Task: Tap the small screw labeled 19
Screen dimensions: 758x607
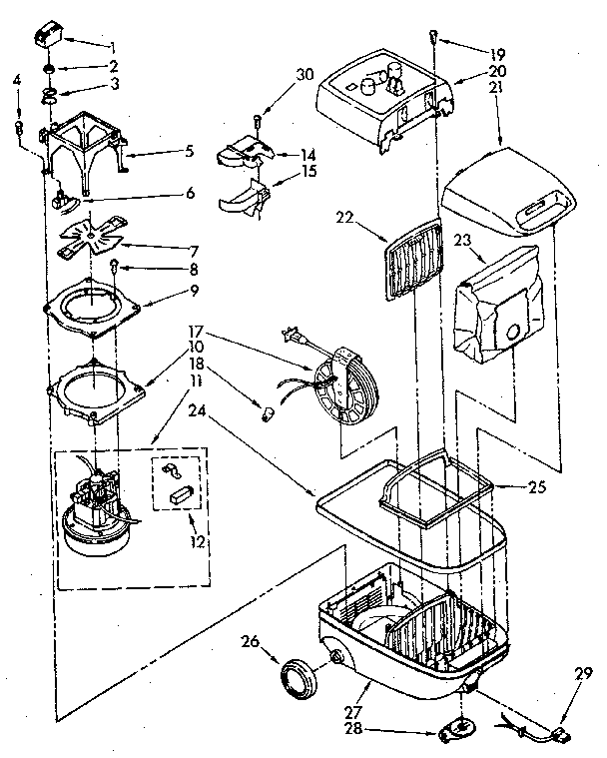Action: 431,37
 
